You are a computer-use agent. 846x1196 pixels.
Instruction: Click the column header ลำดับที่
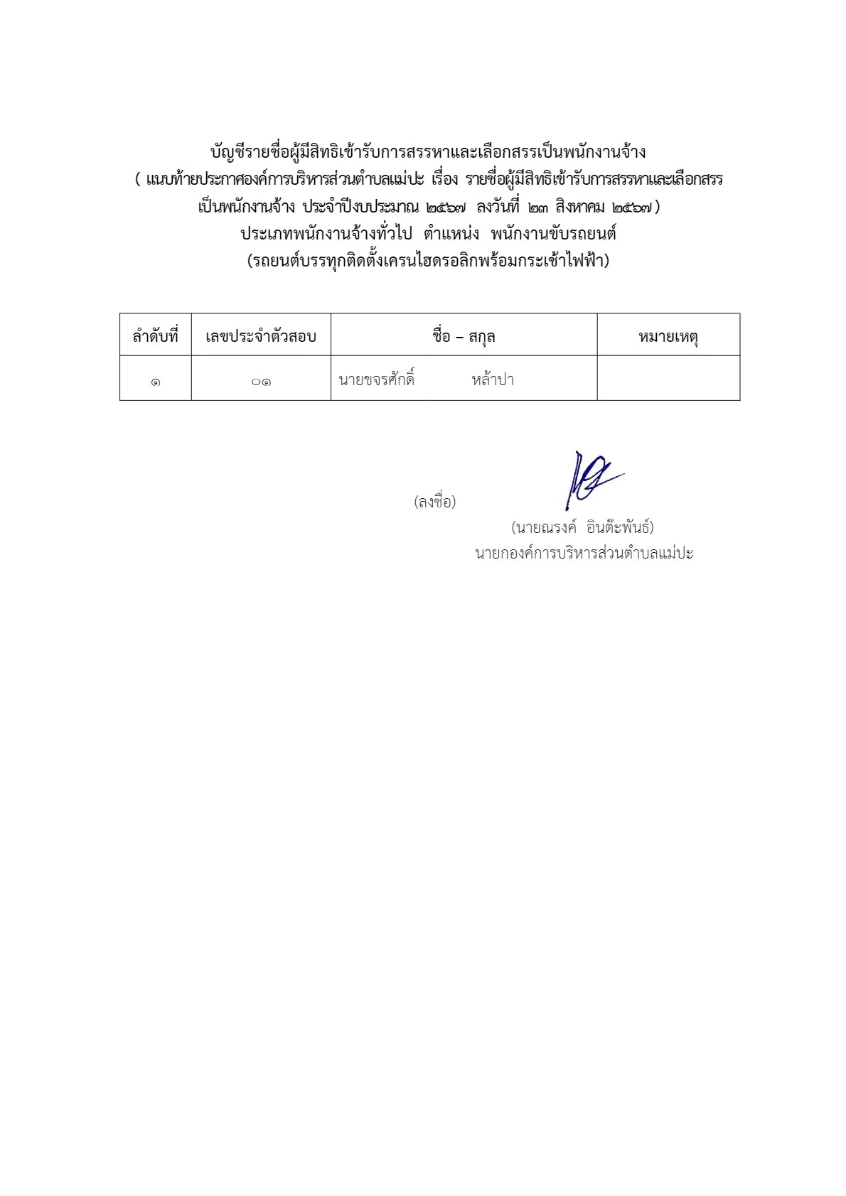pos(155,336)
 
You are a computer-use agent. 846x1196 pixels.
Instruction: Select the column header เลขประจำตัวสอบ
pos(260,336)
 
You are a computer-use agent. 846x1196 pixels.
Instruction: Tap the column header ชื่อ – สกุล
pos(464,336)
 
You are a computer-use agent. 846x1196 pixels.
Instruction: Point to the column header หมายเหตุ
pos(668,336)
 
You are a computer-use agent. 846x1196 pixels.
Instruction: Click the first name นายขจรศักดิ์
pos(377,380)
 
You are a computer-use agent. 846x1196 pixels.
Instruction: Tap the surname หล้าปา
pos(493,380)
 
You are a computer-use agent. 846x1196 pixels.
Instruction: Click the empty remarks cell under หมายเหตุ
pos(668,379)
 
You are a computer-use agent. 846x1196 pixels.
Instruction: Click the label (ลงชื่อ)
pos(434,502)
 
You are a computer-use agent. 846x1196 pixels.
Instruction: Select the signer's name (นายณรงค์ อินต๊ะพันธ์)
pos(582,527)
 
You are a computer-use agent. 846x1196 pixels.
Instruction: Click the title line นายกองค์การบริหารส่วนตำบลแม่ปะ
pos(584,553)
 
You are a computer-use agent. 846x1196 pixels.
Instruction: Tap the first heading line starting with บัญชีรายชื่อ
pos(428,152)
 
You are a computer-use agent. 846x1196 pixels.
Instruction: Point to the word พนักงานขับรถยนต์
pos(553,234)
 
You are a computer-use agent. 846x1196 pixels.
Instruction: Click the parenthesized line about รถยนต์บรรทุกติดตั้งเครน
pos(428,261)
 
